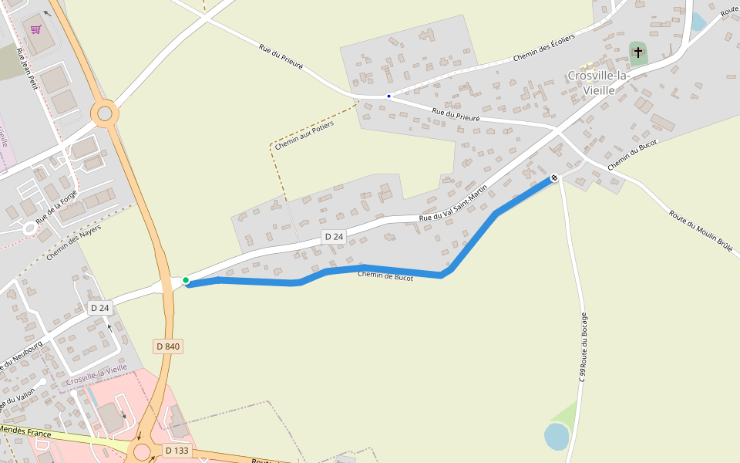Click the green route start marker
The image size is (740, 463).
[186, 280]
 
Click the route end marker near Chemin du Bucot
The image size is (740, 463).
[553, 178]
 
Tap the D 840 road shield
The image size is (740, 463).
[167, 346]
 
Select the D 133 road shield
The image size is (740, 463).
[177, 451]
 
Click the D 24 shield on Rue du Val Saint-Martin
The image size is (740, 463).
[333, 237]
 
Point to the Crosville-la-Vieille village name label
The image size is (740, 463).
[599, 83]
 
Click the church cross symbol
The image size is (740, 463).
[637, 53]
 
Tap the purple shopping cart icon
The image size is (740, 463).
[35, 29]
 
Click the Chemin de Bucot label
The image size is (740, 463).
[385, 276]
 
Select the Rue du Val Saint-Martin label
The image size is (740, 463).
[454, 203]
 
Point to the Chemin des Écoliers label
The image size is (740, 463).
[544, 49]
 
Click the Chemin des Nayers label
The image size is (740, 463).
[74, 242]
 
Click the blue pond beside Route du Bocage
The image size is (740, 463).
[556, 436]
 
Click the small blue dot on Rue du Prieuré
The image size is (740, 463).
[388, 96]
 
